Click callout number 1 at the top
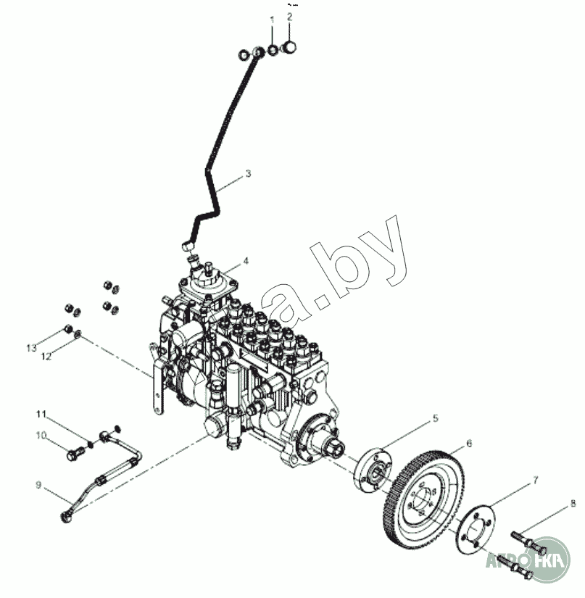point(273,19)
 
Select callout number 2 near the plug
point(290,15)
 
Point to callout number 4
point(246,260)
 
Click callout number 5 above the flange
point(436,418)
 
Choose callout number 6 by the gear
point(469,443)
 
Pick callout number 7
point(535,479)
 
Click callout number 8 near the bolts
point(573,502)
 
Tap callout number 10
point(42,435)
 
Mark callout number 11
point(41,414)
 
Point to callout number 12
point(46,356)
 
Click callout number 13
point(31,349)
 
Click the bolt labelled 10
point(74,455)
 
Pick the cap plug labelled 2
point(291,49)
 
